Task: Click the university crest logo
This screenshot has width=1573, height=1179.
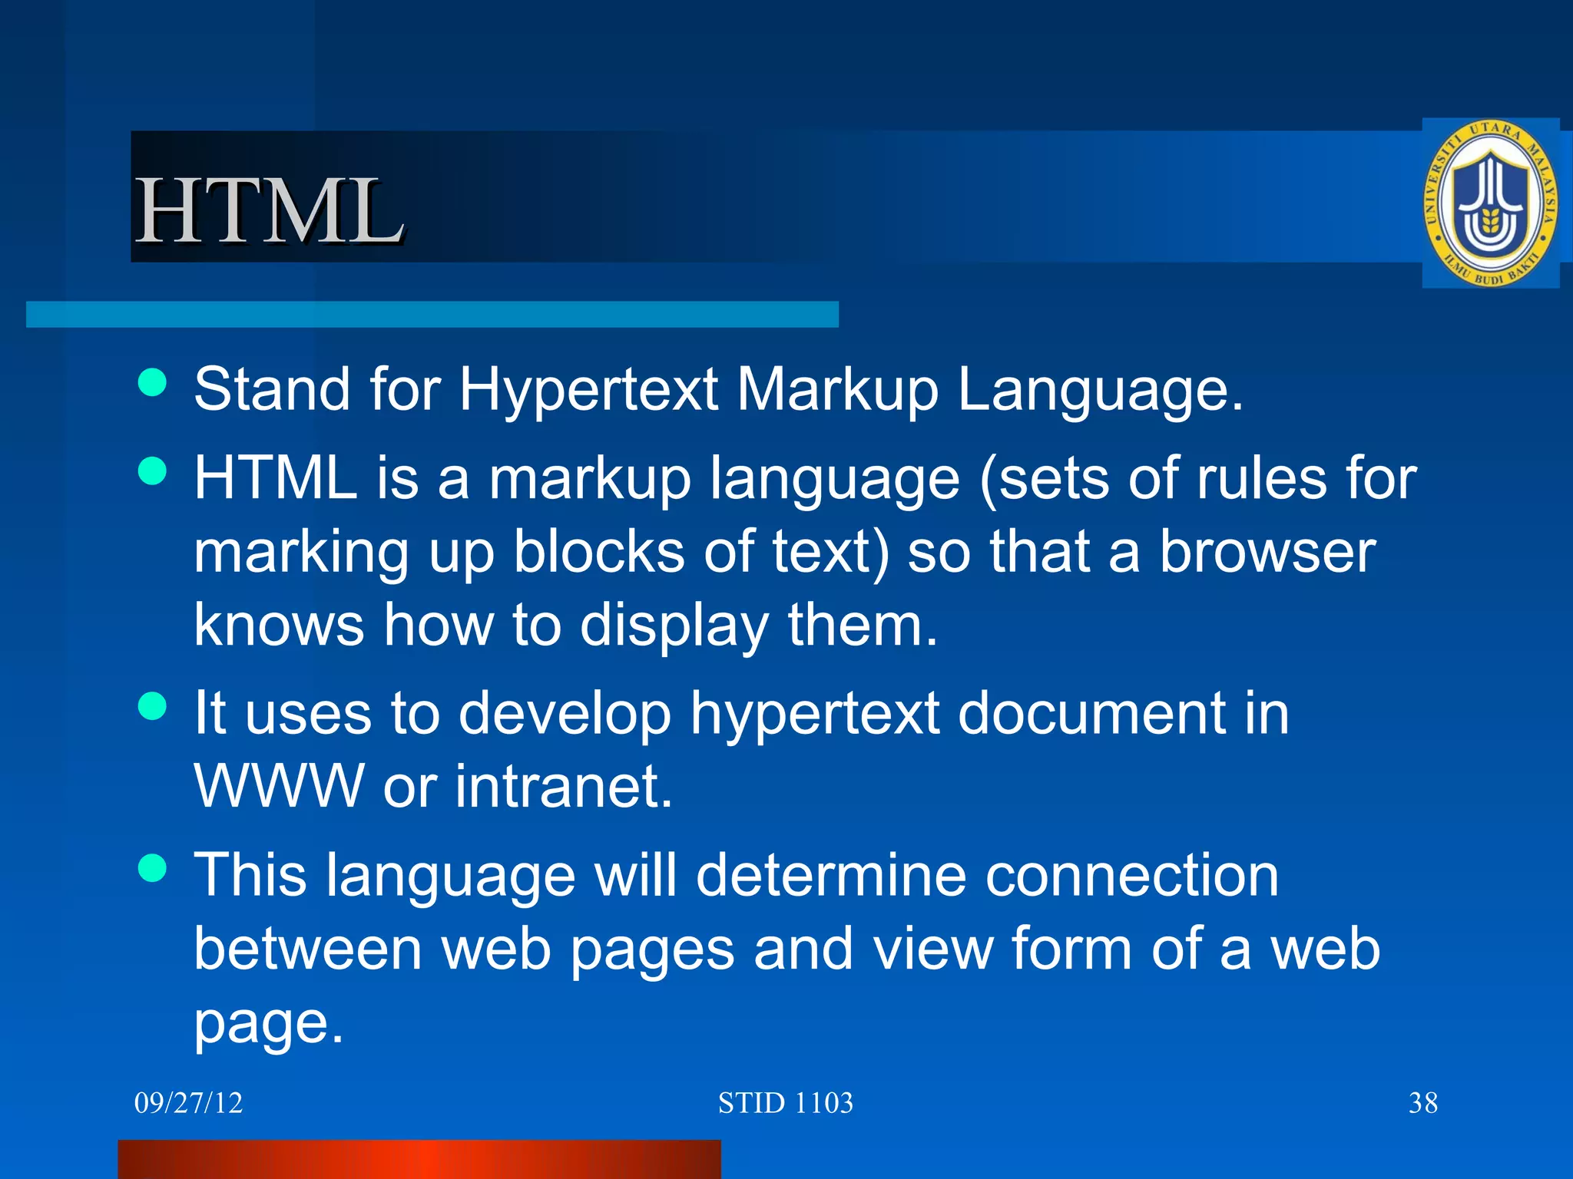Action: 1490,203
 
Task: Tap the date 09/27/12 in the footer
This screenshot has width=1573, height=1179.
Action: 188,1103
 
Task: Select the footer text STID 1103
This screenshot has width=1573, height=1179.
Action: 785,1103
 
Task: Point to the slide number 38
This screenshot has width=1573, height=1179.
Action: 1422,1103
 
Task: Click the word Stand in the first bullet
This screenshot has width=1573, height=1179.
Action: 272,389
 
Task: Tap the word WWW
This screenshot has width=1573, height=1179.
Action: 278,786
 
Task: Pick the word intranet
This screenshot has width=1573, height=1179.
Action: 564,786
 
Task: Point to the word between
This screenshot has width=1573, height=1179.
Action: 308,949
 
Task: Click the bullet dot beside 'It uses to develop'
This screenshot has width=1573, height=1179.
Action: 153,706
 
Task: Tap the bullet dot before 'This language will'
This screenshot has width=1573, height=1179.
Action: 153,868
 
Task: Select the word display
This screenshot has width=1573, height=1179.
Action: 674,626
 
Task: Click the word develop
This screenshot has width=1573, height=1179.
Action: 565,714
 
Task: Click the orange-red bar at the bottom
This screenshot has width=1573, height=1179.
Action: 419,1159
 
